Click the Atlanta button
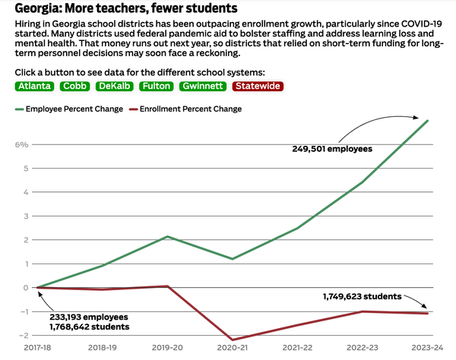tap(35, 87)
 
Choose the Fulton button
tap(157, 87)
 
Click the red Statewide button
tap(258, 87)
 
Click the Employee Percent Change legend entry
tap(74, 109)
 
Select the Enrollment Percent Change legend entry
tap(191, 109)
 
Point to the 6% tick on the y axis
tap(21, 144)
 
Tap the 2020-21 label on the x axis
tap(233, 346)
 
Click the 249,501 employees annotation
tap(332, 149)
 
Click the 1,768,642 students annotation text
tap(90, 327)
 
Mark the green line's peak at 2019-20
tap(167, 237)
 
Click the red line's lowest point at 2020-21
tap(233, 339)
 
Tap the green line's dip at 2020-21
tap(233, 259)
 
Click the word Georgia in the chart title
tap(39, 8)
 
